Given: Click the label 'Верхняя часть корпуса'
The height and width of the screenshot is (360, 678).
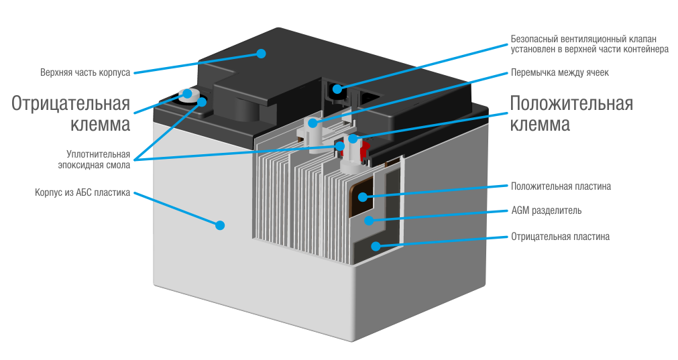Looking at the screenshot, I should [84, 72].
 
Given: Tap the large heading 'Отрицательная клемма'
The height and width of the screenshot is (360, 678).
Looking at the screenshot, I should [70, 114].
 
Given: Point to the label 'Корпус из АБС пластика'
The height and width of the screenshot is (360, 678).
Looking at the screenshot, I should [82, 193].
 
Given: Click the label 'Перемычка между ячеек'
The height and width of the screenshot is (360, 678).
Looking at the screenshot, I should [559, 72].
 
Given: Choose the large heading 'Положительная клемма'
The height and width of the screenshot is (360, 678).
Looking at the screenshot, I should [571, 114].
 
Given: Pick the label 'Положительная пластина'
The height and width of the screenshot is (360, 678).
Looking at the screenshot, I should [560, 186].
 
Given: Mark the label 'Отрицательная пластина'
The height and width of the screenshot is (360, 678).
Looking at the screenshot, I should [560, 237].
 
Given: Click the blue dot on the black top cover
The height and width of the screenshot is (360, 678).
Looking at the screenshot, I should [262, 53].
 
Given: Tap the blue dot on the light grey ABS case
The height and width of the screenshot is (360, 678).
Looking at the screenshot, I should [219, 225].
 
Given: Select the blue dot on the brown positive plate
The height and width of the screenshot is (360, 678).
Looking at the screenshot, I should [363, 196].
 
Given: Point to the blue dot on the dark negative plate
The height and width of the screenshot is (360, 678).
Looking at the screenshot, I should [376, 246].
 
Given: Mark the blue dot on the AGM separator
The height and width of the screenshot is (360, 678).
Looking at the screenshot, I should [368, 220].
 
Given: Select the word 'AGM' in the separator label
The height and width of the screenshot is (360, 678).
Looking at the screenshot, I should [520, 211].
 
